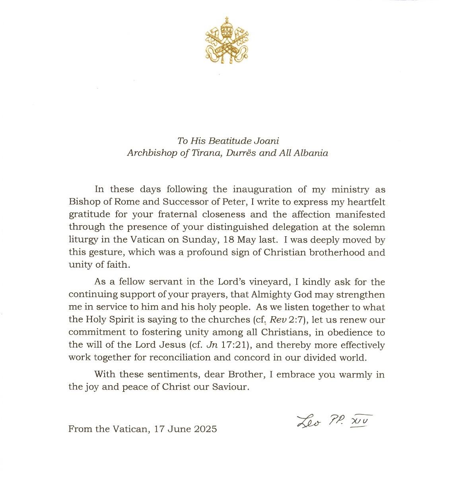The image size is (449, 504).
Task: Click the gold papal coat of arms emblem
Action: pos(226,41)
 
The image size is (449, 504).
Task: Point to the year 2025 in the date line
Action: pos(206,429)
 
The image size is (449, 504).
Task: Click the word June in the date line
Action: pos(181,429)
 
